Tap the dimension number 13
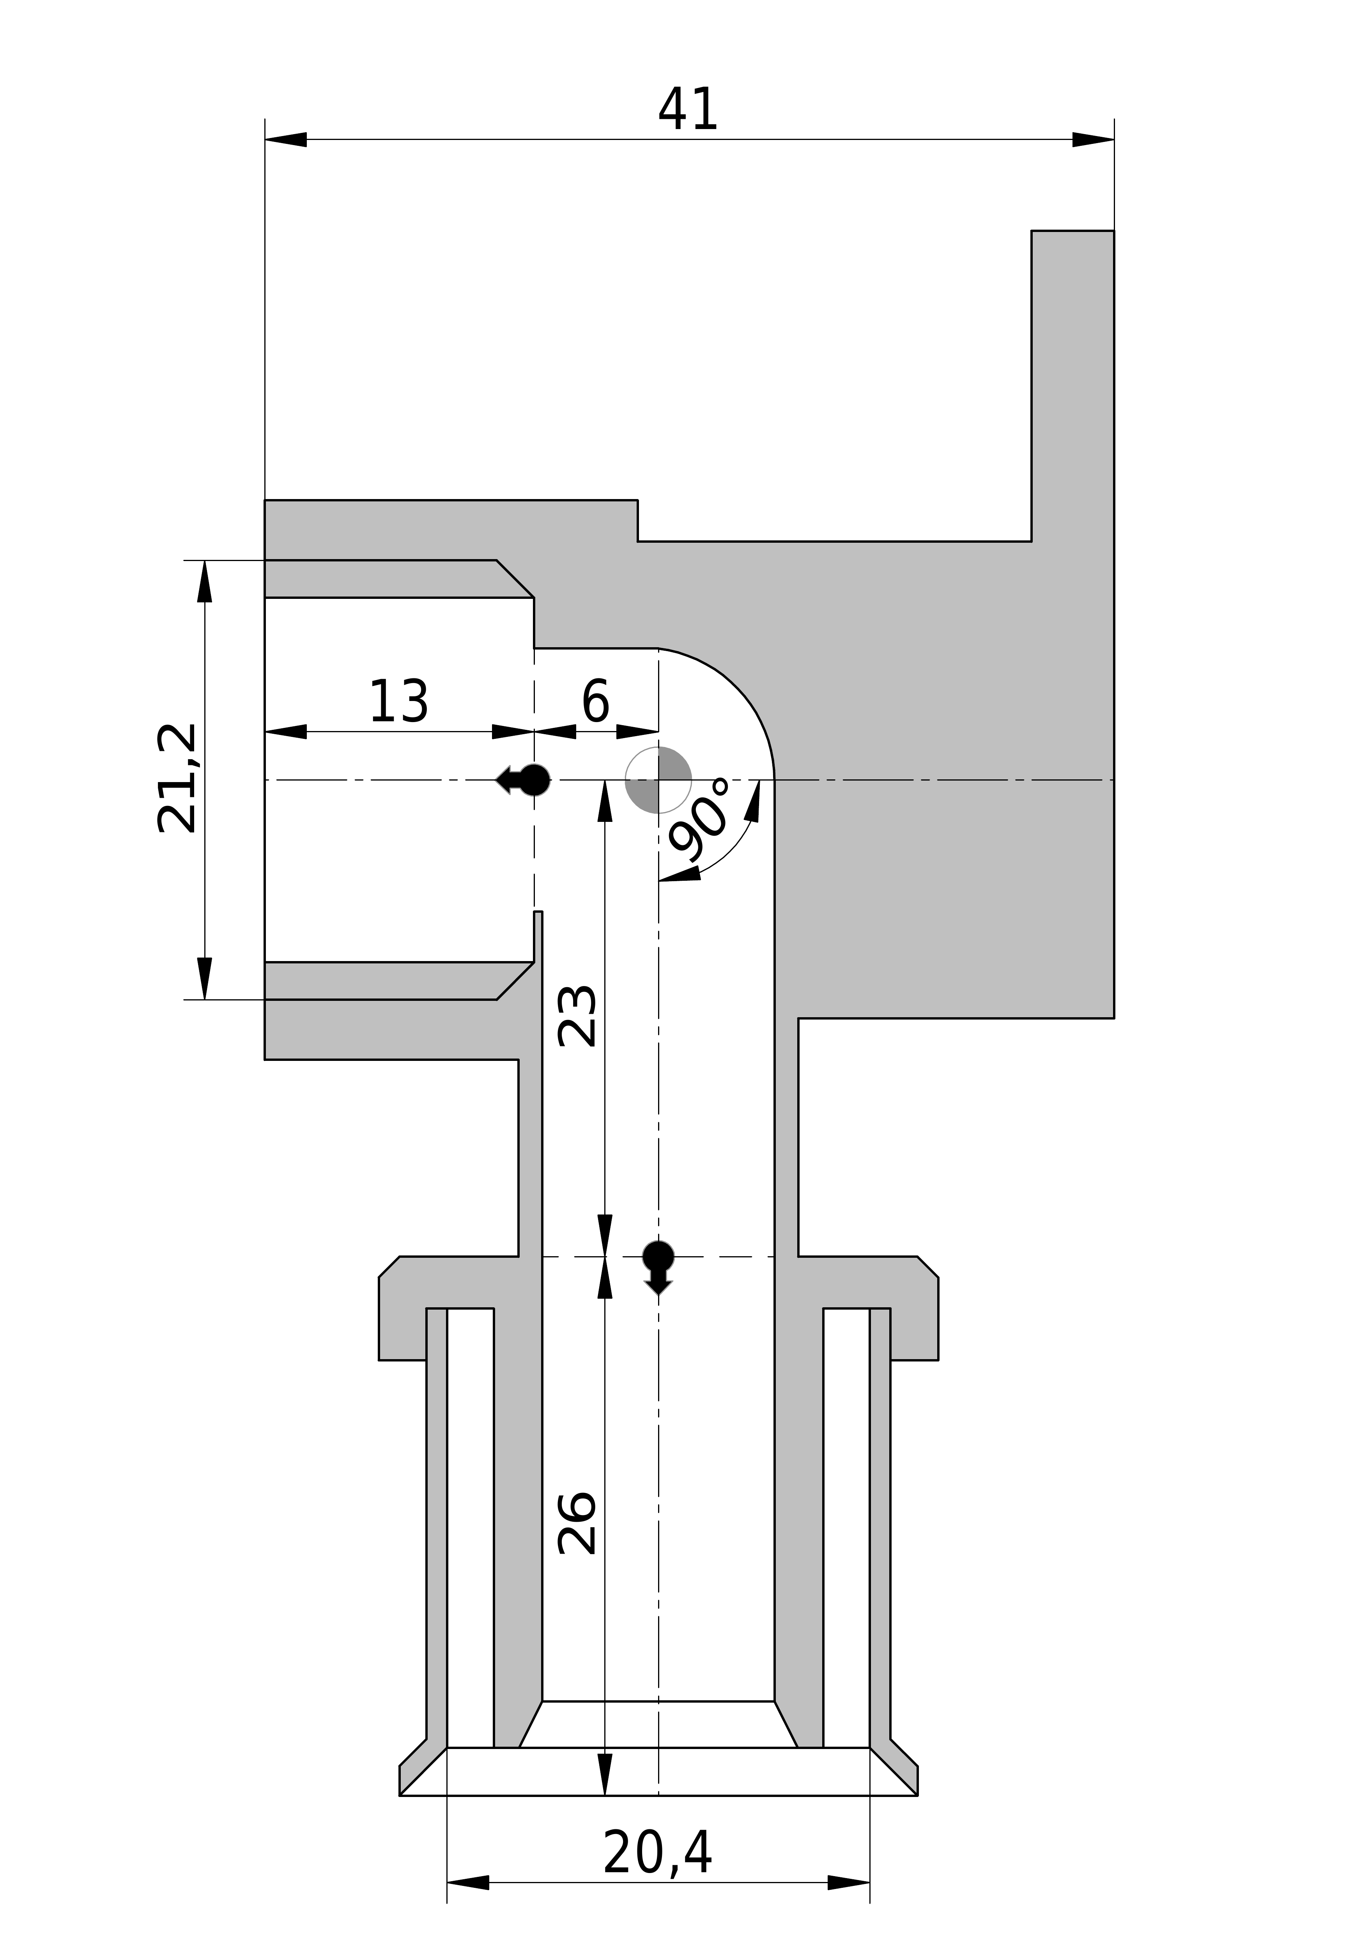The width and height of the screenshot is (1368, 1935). pos(399,701)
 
